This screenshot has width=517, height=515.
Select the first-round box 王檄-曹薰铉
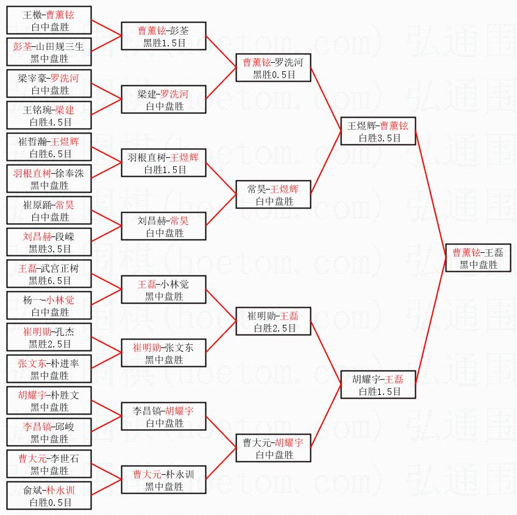[x=49, y=21]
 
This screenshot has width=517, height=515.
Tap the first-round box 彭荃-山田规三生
[x=49, y=52]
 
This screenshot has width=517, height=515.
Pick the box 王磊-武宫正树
[x=49, y=274]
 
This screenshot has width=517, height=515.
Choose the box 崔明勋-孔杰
[x=49, y=338]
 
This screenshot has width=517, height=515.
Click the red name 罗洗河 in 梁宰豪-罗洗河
[x=65, y=78]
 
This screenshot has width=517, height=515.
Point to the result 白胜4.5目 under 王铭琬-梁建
[x=49, y=122]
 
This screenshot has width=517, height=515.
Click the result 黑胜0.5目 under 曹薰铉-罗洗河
[x=274, y=74]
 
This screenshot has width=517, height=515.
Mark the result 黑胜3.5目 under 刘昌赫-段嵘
[x=49, y=249]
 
